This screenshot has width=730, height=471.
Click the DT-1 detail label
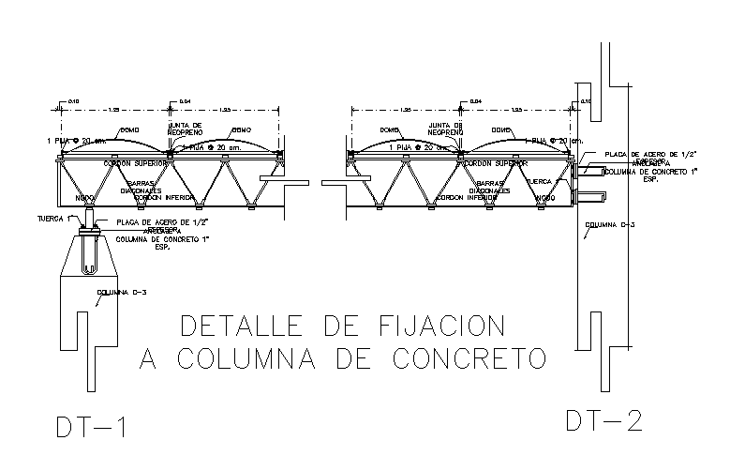point(90,427)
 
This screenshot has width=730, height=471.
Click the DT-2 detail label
point(603,420)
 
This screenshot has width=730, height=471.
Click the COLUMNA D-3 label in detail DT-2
point(603,225)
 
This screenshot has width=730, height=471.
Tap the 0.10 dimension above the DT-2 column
point(587,100)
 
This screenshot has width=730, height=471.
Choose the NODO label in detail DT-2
point(544,198)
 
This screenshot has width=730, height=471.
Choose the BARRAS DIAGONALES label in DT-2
point(491,187)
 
